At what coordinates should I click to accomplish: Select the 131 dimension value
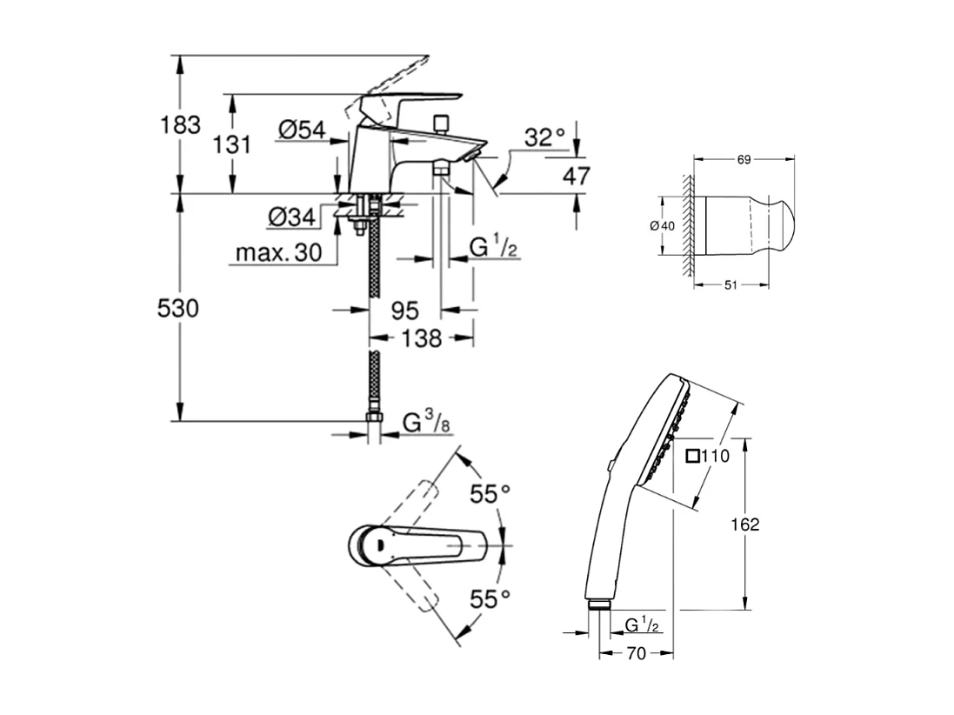tap(232, 144)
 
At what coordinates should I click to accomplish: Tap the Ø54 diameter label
tap(301, 130)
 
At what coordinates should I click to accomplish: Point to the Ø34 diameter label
tap(290, 217)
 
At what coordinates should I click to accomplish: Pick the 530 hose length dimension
tap(178, 308)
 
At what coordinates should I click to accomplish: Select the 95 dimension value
tap(405, 311)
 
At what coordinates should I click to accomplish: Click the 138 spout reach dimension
tap(422, 338)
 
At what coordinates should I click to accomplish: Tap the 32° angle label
tap(544, 137)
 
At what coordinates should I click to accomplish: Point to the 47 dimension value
tap(576, 177)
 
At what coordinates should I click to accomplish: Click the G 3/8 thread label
tap(425, 424)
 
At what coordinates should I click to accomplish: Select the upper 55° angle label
tap(490, 494)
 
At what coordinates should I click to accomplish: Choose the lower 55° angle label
tap(490, 598)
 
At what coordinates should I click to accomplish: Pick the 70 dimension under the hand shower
tap(636, 654)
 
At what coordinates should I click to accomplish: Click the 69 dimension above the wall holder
tap(744, 159)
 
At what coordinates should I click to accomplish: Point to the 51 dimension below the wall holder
tap(731, 284)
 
